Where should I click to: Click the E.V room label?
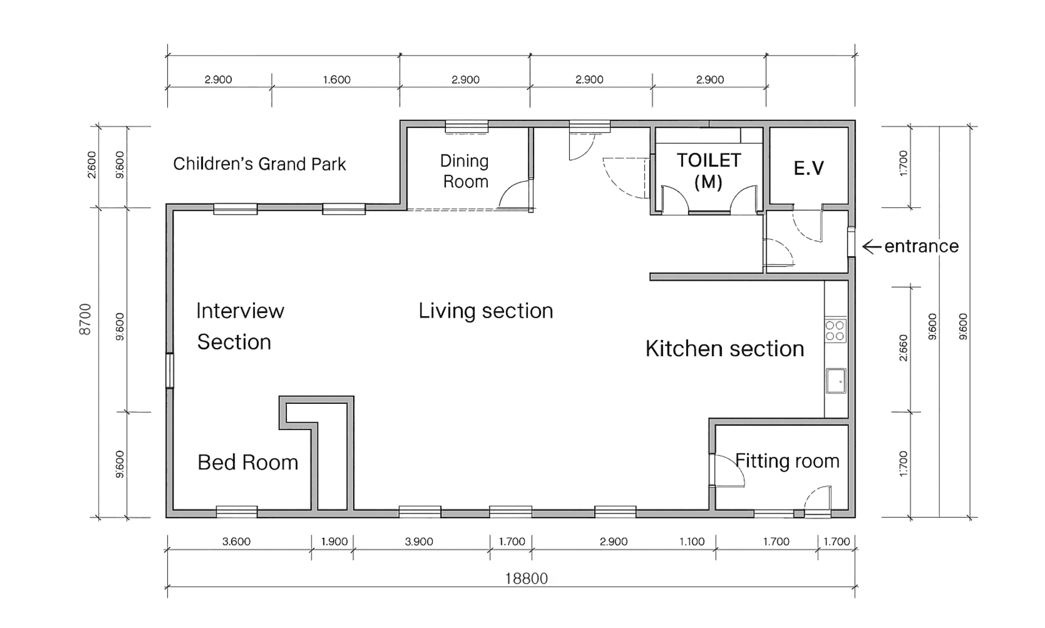point(809,168)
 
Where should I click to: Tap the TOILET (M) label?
point(708,171)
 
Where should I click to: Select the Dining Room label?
point(465,171)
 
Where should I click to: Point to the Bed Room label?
point(247,462)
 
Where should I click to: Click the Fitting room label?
point(787,461)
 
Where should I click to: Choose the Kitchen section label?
point(725,349)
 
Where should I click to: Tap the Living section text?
point(486,311)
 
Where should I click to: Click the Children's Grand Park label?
point(260,164)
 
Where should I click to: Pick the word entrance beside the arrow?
point(922,246)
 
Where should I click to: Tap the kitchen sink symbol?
point(836,381)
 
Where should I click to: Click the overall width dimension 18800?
point(526,578)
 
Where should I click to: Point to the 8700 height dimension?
point(85,319)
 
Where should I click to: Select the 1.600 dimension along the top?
point(337,79)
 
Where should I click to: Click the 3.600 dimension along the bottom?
point(236,541)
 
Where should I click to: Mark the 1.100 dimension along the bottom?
point(692,541)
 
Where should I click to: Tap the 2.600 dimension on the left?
point(92,164)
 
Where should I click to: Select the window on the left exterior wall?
point(170,370)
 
